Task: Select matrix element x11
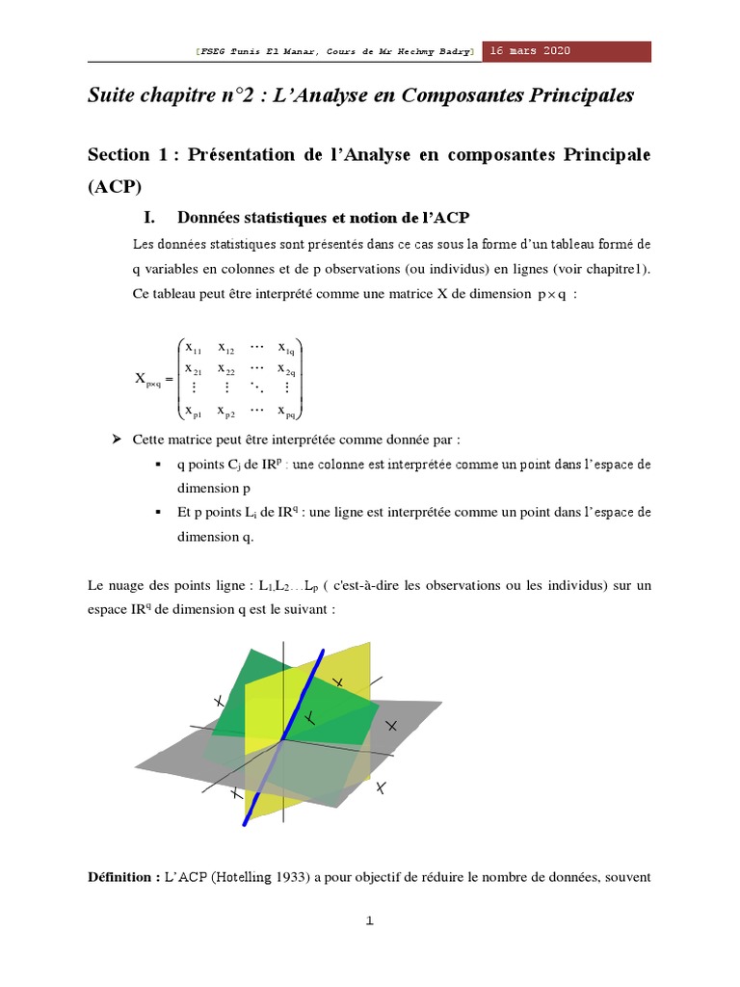click(194, 348)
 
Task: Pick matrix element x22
click(226, 369)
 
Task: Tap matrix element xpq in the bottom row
click(287, 413)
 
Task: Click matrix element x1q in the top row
click(287, 348)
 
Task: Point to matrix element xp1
click(194, 413)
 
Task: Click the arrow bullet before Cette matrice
click(117, 440)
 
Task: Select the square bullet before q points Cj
click(157, 465)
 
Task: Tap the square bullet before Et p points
click(157, 514)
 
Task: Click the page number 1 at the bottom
click(369, 920)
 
